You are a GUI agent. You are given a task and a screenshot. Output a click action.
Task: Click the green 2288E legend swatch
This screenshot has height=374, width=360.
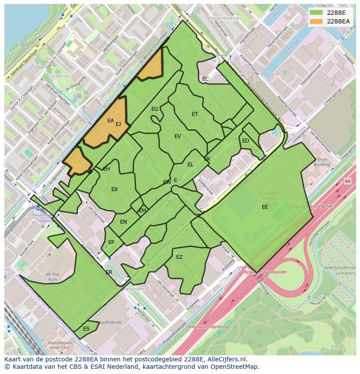(x=317, y=13)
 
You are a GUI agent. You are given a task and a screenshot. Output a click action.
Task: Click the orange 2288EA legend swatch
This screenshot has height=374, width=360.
(x=317, y=21)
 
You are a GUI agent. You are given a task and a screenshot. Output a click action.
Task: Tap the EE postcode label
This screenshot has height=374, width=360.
(x=265, y=207)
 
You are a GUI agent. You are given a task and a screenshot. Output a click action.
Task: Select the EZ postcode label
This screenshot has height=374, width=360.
(x=179, y=257)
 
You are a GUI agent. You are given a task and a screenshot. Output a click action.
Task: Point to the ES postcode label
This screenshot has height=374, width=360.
(x=86, y=329)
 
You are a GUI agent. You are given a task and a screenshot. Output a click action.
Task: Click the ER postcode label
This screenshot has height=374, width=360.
(x=109, y=272)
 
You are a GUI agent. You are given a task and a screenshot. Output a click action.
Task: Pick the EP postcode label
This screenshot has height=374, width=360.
(x=111, y=242)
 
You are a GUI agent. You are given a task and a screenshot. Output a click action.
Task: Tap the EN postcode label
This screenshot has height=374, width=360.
(x=123, y=222)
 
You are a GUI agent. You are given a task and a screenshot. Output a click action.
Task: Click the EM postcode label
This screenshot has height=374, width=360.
(x=143, y=211)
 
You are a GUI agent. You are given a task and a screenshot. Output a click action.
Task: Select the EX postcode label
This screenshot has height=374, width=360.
(x=114, y=189)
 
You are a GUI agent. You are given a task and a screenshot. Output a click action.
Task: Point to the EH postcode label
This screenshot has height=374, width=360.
(x=107, y=169)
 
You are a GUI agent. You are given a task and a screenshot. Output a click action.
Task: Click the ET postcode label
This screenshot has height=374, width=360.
(x=195, y=114)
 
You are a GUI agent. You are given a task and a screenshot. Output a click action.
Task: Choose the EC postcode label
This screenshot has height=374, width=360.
(x=206, y=79)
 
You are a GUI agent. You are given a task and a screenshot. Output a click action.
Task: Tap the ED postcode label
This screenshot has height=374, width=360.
(x=246, y=141)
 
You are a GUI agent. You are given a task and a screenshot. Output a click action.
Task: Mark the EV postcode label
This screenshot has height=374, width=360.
(x=177, y=136)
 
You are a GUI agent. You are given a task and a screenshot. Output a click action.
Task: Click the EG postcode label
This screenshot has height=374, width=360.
(x=155, y=109)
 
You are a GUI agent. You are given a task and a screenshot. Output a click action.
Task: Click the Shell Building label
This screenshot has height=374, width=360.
(x=322, y=162)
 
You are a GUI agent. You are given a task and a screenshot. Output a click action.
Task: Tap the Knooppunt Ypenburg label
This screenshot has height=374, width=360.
(x=208, y=326)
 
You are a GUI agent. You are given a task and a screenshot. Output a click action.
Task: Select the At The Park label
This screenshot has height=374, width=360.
(x=53, y=277)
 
